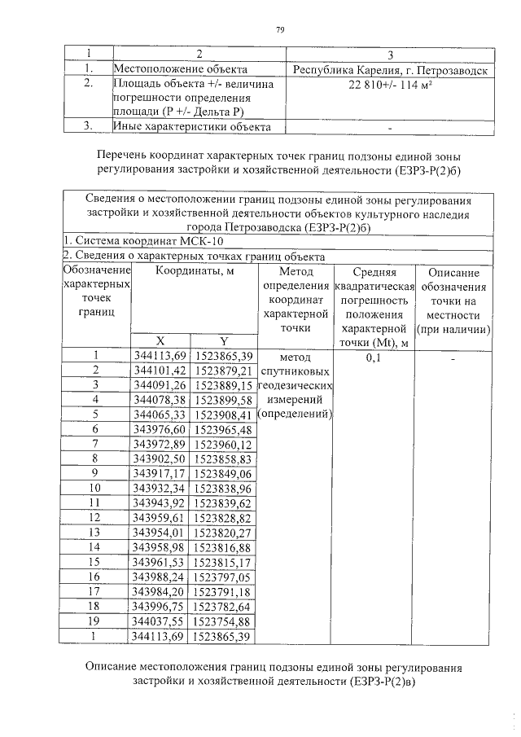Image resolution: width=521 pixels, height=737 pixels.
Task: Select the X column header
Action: [x=160, y=340]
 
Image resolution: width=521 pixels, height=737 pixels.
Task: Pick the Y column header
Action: [x=224, y=340]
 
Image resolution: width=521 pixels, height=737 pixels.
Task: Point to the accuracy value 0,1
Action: [x=374, y=357]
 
